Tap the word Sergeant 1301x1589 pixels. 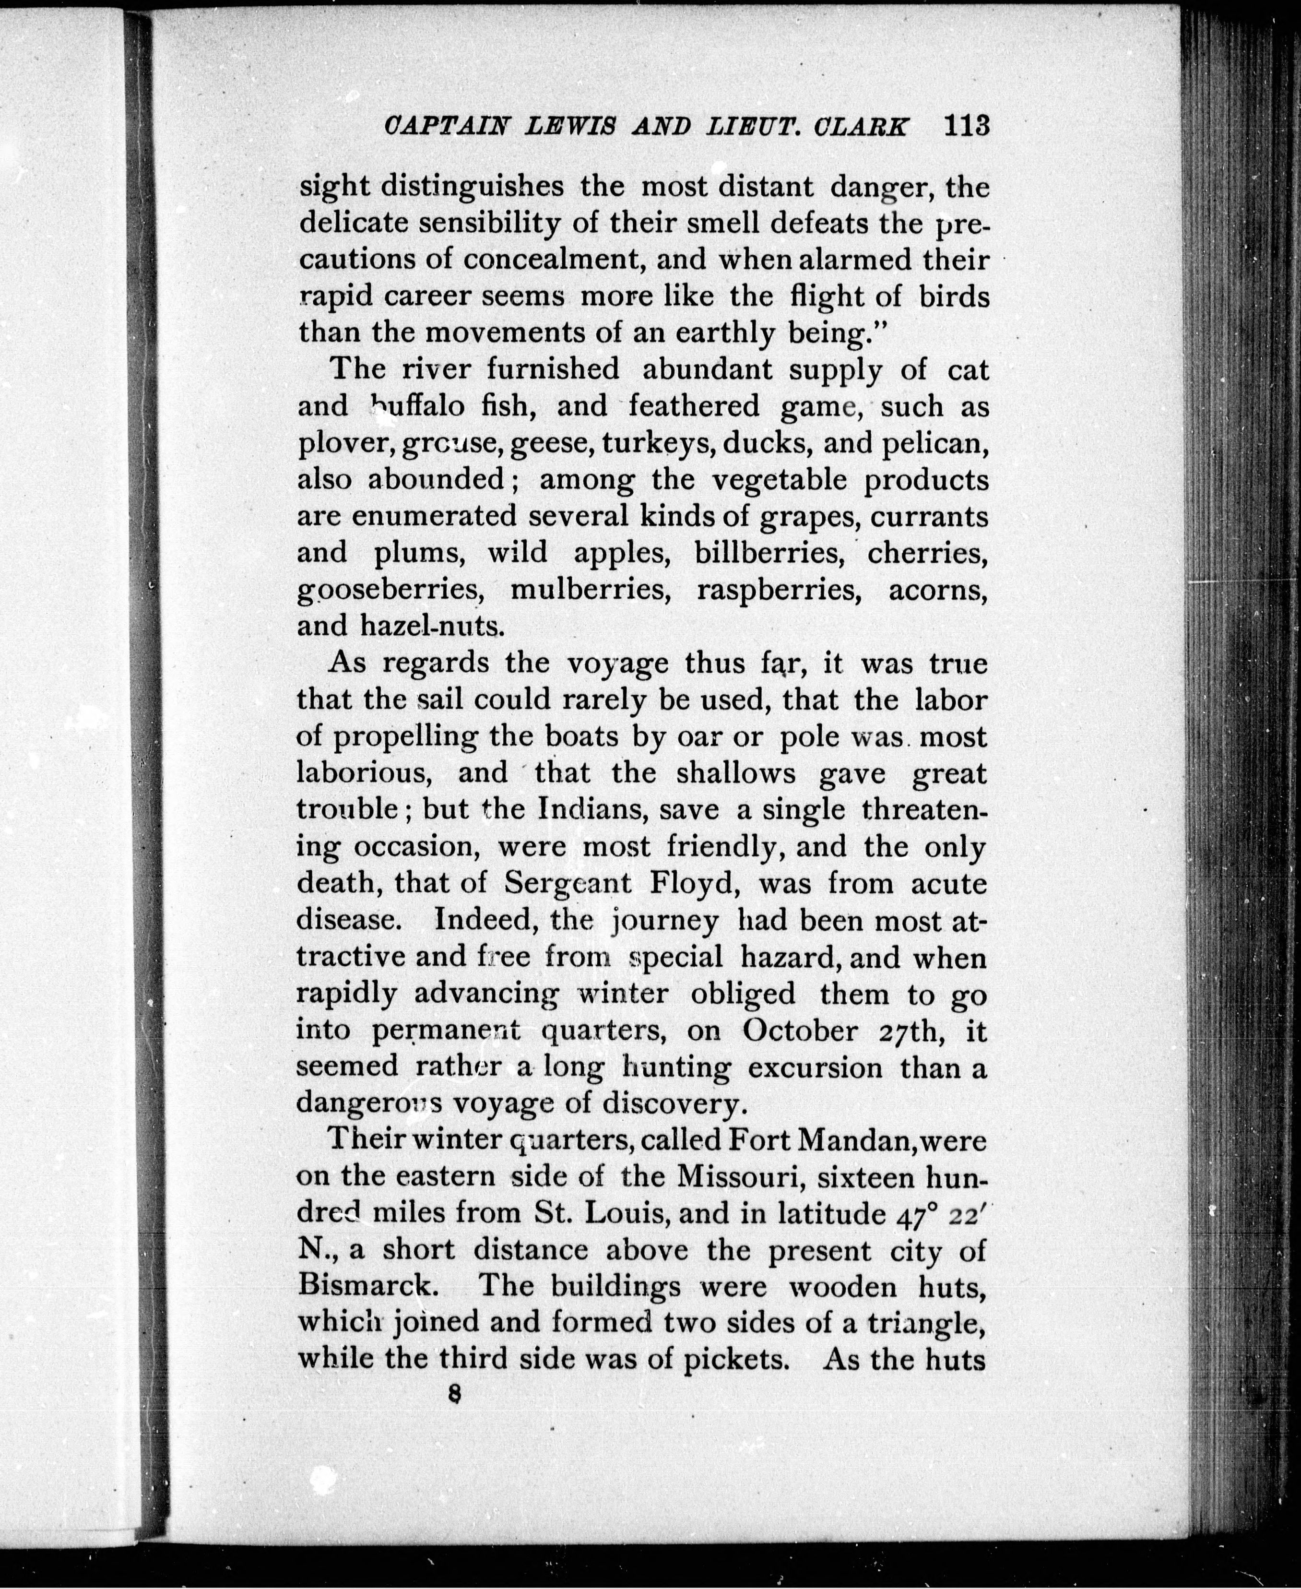(x=568, y=884)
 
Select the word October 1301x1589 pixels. (x=800, y=1031)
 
